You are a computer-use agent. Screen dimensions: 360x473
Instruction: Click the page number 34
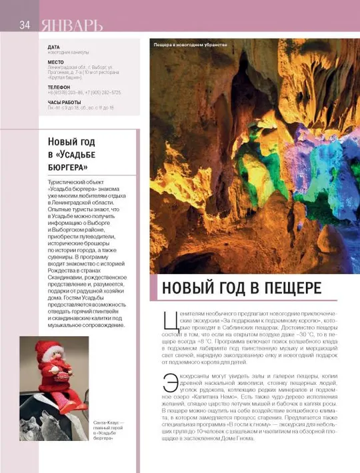coord(25,25)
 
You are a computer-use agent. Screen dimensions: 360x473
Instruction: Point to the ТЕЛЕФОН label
coord(59,87)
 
